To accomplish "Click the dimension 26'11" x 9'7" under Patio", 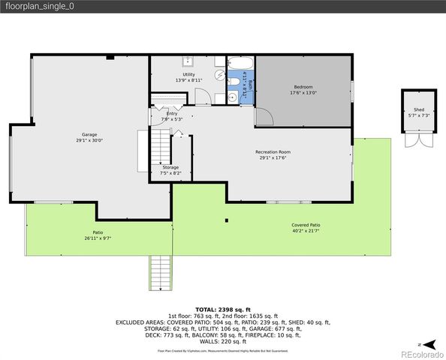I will tap(98, 238).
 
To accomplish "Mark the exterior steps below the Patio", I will tap(161, 273).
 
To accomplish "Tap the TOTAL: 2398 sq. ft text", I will tap(222, 309).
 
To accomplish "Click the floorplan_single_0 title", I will tap(41, 7).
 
